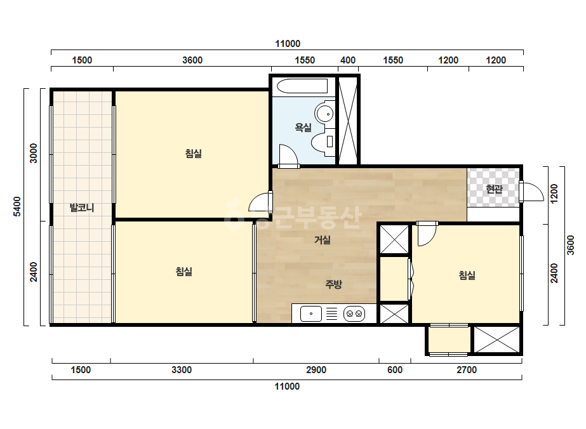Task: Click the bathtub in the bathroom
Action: (x=302, y=86)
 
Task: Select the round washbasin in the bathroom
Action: (x=324, y=112)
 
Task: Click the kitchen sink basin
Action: (x=311, y=313)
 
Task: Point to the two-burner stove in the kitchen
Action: (x=354, y=313)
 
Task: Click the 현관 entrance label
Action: (x=494, y=189)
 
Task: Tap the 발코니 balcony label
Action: (x=82, y=208)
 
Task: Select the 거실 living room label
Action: (x=323, y=239)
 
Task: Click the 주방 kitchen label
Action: (x=333, y=284)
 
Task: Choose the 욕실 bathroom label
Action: (x=303, y=128)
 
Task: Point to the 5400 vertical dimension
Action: (x=17, y=206)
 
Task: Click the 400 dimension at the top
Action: (x=348, y=60)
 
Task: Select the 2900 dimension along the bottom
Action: (x=316, y=370)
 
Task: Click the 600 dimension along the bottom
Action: (x=395, y=370)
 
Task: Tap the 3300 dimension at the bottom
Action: (x=182, y=370)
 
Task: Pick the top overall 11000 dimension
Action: (x=288, y=44)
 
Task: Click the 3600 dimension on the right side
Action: (x=570, y=245)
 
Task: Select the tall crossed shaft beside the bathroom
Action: (x=348, y=121)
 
